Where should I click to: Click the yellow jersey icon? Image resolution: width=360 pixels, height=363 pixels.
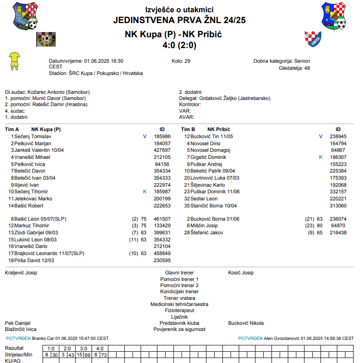click(15, 61)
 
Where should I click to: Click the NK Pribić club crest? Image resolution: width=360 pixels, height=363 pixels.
click(313, 38)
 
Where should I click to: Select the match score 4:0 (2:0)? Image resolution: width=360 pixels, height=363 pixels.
click(179, 45)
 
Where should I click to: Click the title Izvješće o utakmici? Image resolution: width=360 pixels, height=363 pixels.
click(179, 9)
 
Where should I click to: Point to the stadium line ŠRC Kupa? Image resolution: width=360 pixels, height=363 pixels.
click(96, 73)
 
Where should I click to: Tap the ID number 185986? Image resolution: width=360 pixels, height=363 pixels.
click(162, 136)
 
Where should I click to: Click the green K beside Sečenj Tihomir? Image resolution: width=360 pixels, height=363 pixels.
click(145, 192)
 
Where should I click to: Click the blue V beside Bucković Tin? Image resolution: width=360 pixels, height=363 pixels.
click(321, 136)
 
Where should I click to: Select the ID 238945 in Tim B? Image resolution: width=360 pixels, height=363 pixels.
click(338, 136)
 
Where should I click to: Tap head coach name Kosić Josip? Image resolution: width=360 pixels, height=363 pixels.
click(241, 272)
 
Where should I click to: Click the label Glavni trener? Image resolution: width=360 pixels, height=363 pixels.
click(179, 272)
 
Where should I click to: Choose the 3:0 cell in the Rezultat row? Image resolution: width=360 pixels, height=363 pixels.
click(83, 348)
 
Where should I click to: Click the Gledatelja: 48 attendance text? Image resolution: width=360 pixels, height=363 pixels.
click(294, 68)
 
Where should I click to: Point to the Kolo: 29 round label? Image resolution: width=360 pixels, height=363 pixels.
click(181, 61)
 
